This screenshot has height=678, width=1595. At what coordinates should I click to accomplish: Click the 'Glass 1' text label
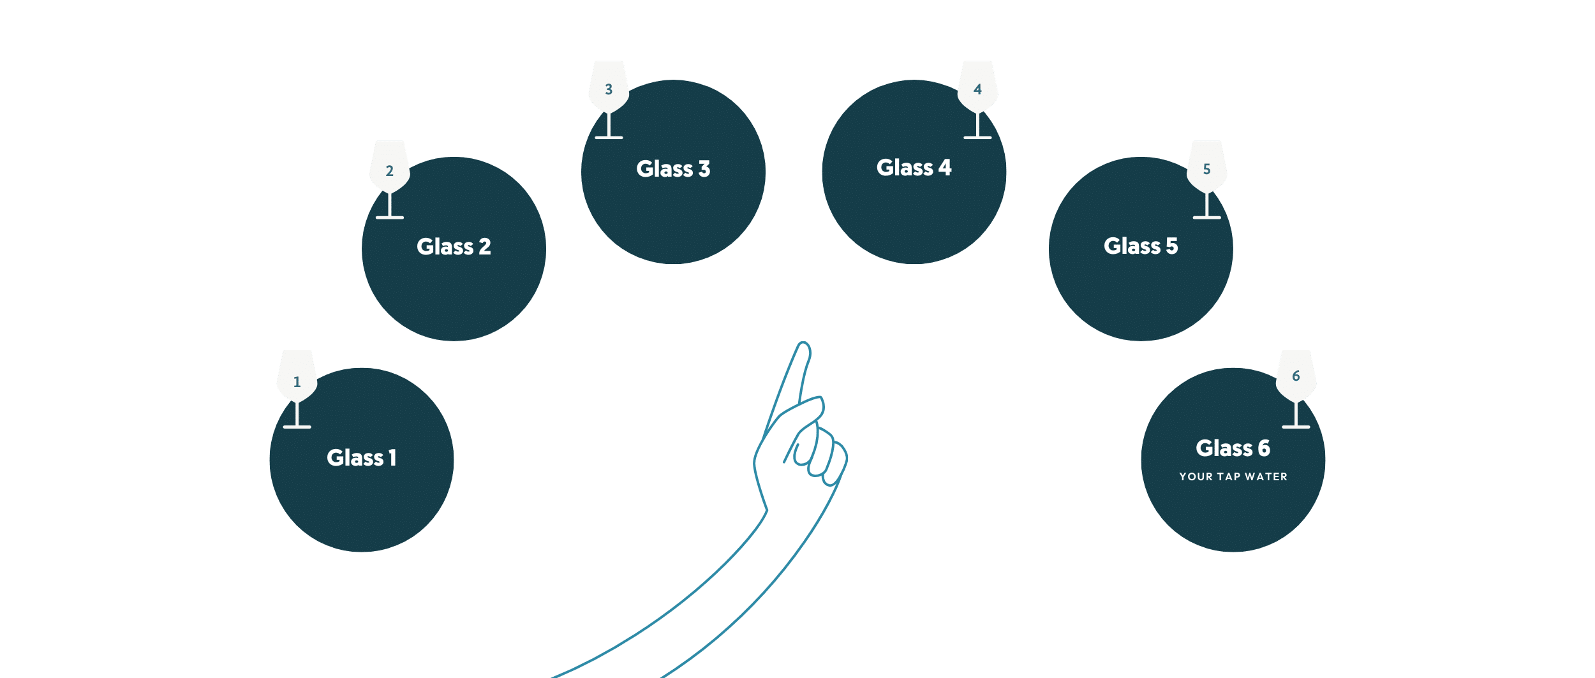point(361,457)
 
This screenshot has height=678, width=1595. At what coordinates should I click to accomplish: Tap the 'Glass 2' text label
point(454,246)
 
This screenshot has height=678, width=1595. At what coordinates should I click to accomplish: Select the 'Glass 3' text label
point(673,168)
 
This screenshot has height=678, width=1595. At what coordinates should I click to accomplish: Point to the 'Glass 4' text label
point(914,167)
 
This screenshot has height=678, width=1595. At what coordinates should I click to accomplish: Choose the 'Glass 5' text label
point(1141,246)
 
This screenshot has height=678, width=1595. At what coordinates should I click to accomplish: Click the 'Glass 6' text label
point(1233,448)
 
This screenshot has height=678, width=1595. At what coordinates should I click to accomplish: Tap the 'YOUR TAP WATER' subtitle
point(1233,476)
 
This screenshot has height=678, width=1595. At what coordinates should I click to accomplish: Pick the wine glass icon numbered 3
point(609,89)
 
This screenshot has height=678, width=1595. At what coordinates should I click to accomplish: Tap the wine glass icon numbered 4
point(977,89)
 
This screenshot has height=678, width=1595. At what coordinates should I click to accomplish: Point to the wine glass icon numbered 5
point(1206,169)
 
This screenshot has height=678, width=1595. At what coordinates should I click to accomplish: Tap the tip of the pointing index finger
point(803,348)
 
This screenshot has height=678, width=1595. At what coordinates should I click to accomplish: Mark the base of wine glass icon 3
point(609,137)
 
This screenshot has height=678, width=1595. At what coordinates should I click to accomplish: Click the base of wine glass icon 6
point(1296,426)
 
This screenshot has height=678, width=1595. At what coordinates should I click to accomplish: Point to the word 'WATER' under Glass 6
point(1266,476)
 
